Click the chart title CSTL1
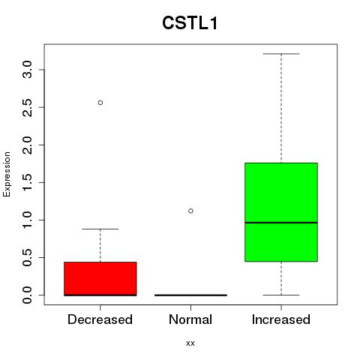190,23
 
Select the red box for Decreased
100,279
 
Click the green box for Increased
281,212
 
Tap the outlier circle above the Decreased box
100,103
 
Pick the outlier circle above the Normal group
190,211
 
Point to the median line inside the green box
281,223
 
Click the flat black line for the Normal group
190,295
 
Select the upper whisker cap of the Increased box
281,54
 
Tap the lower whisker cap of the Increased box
281,295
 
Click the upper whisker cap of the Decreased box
100,229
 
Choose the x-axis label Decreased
100,319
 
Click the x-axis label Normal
190,319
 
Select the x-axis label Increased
281,319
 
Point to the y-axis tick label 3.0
27,70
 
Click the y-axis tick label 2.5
27,107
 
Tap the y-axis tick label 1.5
27,182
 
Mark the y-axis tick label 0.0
27,295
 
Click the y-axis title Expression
7,174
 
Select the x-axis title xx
190,343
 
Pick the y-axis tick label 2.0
27,145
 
